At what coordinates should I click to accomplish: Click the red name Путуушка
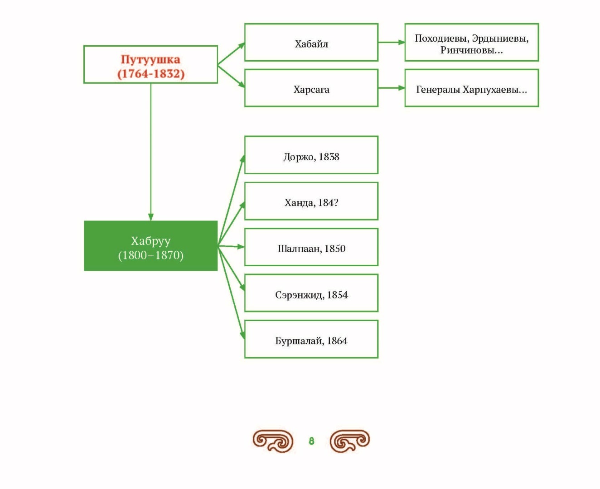[x=150, y=59]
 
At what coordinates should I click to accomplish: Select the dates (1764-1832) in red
[x=151, y=74]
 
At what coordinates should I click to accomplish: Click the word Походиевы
[x=442, y=38]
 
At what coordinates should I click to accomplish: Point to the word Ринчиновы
[x=469, y=50]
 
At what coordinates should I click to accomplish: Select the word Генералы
[x=438, y=90]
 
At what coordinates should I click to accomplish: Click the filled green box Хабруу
[x=151, y=246]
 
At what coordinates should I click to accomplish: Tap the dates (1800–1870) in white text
[x=151, y=255]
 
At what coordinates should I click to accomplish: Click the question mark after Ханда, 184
[x=336, y=202]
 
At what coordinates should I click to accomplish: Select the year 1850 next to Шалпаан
[x=335, y=249]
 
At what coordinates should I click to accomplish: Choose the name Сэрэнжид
[x=299, y=295]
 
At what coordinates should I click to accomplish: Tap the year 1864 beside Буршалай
[x=337, y=340]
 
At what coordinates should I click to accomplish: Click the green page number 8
[x=311, y=441]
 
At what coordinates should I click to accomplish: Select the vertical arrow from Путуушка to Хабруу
[x=151, y=152]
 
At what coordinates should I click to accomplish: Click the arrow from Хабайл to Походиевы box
[x=392, y=43]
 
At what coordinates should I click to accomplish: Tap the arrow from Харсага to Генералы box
[x=392, y=88]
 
